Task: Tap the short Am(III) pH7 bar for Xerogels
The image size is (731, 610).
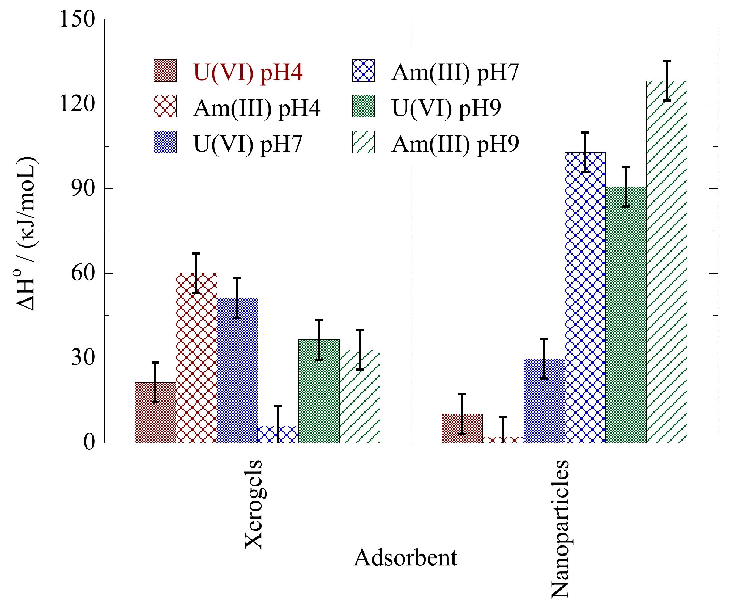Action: click(278, 434)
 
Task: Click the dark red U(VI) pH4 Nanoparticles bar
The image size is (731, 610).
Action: click(462, 428)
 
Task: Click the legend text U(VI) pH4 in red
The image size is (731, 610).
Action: click(248, 72)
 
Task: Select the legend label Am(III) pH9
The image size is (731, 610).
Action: click(455, 144)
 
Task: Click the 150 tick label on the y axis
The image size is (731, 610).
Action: click(77, 19)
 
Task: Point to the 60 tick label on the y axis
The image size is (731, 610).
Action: click(83, 273)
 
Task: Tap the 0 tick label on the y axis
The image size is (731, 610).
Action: click(89, 443)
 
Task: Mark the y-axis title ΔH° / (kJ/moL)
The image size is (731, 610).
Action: click(26, 233)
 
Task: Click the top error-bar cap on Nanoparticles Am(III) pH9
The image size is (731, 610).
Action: click(667, 61)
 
